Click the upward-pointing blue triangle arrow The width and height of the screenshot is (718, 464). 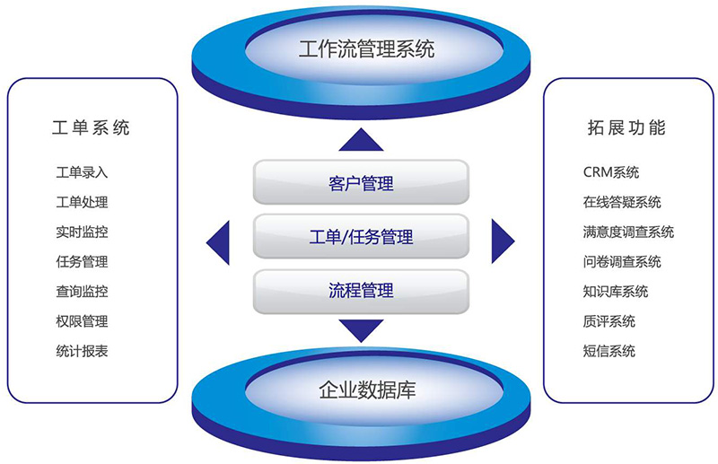pyautogui.click(x=361, y=142)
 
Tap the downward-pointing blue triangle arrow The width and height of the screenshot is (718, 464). pyautogui.click(x=361, y=328)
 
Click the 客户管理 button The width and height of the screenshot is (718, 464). pyautogui.click(x=361, y=182)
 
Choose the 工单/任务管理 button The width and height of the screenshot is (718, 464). pyautogui.click(x=361, y=236)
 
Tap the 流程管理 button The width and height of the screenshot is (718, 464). pyautogui.click(x=361, y=292)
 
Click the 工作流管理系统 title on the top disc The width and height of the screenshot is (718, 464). pyautogui.click(x=366, y=49)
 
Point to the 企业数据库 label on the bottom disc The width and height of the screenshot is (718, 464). pyautogui.click(x=367, y=390)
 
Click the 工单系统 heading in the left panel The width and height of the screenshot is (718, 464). pyautogui.click(x=91, y=127)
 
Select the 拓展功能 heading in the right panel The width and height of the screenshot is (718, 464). pyautogui.click(x=626, y=127)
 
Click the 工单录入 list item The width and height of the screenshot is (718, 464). pyautogui.click(x=82, y=172)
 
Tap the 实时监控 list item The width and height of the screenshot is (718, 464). pyautogui.click(x=82, y=232)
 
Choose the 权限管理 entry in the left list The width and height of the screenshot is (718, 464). pyautogui.click(x=82, y=321)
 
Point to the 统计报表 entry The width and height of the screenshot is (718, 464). pyautogui.click(x=82, y=351)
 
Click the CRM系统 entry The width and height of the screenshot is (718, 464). pyautogui.click(x=611, y=172)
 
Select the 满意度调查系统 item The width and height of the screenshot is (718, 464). pyautogui.click(x=628, y=232)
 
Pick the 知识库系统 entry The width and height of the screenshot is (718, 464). pyautogui.click(x=616, y=292)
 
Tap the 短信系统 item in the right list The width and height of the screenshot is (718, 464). pyautogui.click(x=609, y=351)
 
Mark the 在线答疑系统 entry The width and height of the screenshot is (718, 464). pyautogui.click(x=622, y=202)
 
